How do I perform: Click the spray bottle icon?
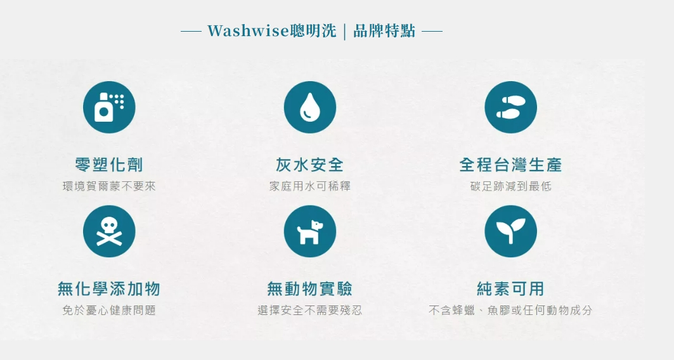tap(109, 107)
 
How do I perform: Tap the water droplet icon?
tap(310, 107)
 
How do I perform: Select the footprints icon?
tap(510, 107)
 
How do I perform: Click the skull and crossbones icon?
tap(109, 231)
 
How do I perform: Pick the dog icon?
tap(310, 231)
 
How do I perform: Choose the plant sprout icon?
tap(510, 231)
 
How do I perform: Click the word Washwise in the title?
tap(249, 31)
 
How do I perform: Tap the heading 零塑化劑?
tap(109, 165)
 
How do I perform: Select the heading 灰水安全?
tap(310, 165)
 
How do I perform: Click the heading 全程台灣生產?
tap(510, 165)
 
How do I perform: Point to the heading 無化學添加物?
tap(109, 288)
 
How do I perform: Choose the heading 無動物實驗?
tap(310, 288)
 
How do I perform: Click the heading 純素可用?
tap(510, 288)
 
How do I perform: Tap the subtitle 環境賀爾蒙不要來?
tap(109, 186)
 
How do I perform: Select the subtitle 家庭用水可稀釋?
tap(310, 186)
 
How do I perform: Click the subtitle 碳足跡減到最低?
tap(510, 186)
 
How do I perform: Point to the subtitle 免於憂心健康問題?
tap(109, 310)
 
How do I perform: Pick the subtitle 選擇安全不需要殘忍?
tap(310, 310)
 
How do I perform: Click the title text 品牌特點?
tap(384, 31)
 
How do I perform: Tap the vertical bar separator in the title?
tap(345, 31)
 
